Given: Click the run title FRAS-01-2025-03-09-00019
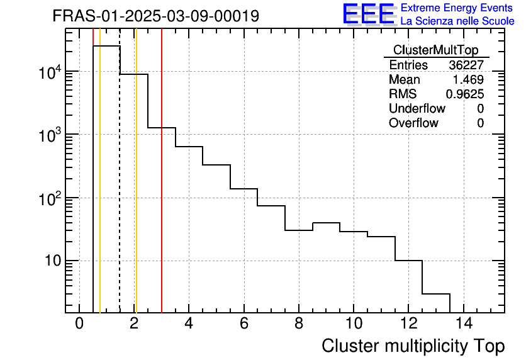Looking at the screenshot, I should click(155, 16).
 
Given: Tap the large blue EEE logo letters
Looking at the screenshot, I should click(368, 14).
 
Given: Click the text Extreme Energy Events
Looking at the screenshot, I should click(457, 8).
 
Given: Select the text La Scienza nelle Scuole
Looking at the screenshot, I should click(457, 21).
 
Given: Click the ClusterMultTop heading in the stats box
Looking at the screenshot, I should click(435, 50).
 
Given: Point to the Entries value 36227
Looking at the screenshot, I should click(466, 65).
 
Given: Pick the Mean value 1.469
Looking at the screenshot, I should click(469, 80).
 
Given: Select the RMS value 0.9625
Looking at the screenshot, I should click(465, 94).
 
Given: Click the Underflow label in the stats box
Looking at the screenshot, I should click(417, 109).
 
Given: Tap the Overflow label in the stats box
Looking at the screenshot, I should click(413, 123).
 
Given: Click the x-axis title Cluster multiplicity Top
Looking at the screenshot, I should click(413, 346).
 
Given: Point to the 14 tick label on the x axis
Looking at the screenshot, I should click(463, 323).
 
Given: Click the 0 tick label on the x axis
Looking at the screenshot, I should click(79, 323).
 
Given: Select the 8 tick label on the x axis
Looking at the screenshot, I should click(298, 323).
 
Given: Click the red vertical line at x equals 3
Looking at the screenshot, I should click(162, 189).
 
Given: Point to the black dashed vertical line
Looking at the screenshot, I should click(120, 189).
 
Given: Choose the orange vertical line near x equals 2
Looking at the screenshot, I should click(136, 189).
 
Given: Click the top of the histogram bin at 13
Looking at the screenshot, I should click(436, 293).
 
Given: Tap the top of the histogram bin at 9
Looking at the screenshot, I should click(326, 223).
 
